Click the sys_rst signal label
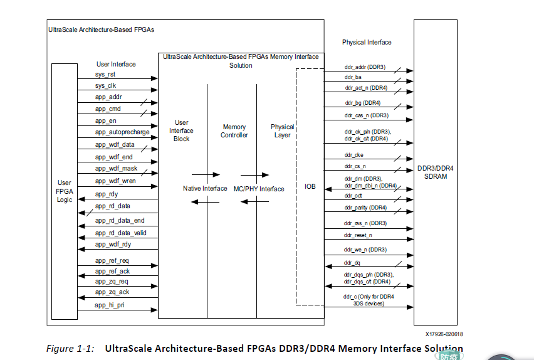105,74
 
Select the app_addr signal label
108,97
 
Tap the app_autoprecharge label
122,132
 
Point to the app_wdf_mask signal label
116,168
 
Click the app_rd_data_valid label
121,233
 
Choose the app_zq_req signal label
112,282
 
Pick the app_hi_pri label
110,305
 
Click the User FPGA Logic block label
65,191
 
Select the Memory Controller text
234,131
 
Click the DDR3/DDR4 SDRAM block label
439,172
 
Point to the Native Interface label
205,188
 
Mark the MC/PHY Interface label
259,189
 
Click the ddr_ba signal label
353,77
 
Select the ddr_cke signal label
353,155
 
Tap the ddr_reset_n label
358,235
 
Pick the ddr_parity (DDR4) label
365,208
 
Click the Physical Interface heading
367,42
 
